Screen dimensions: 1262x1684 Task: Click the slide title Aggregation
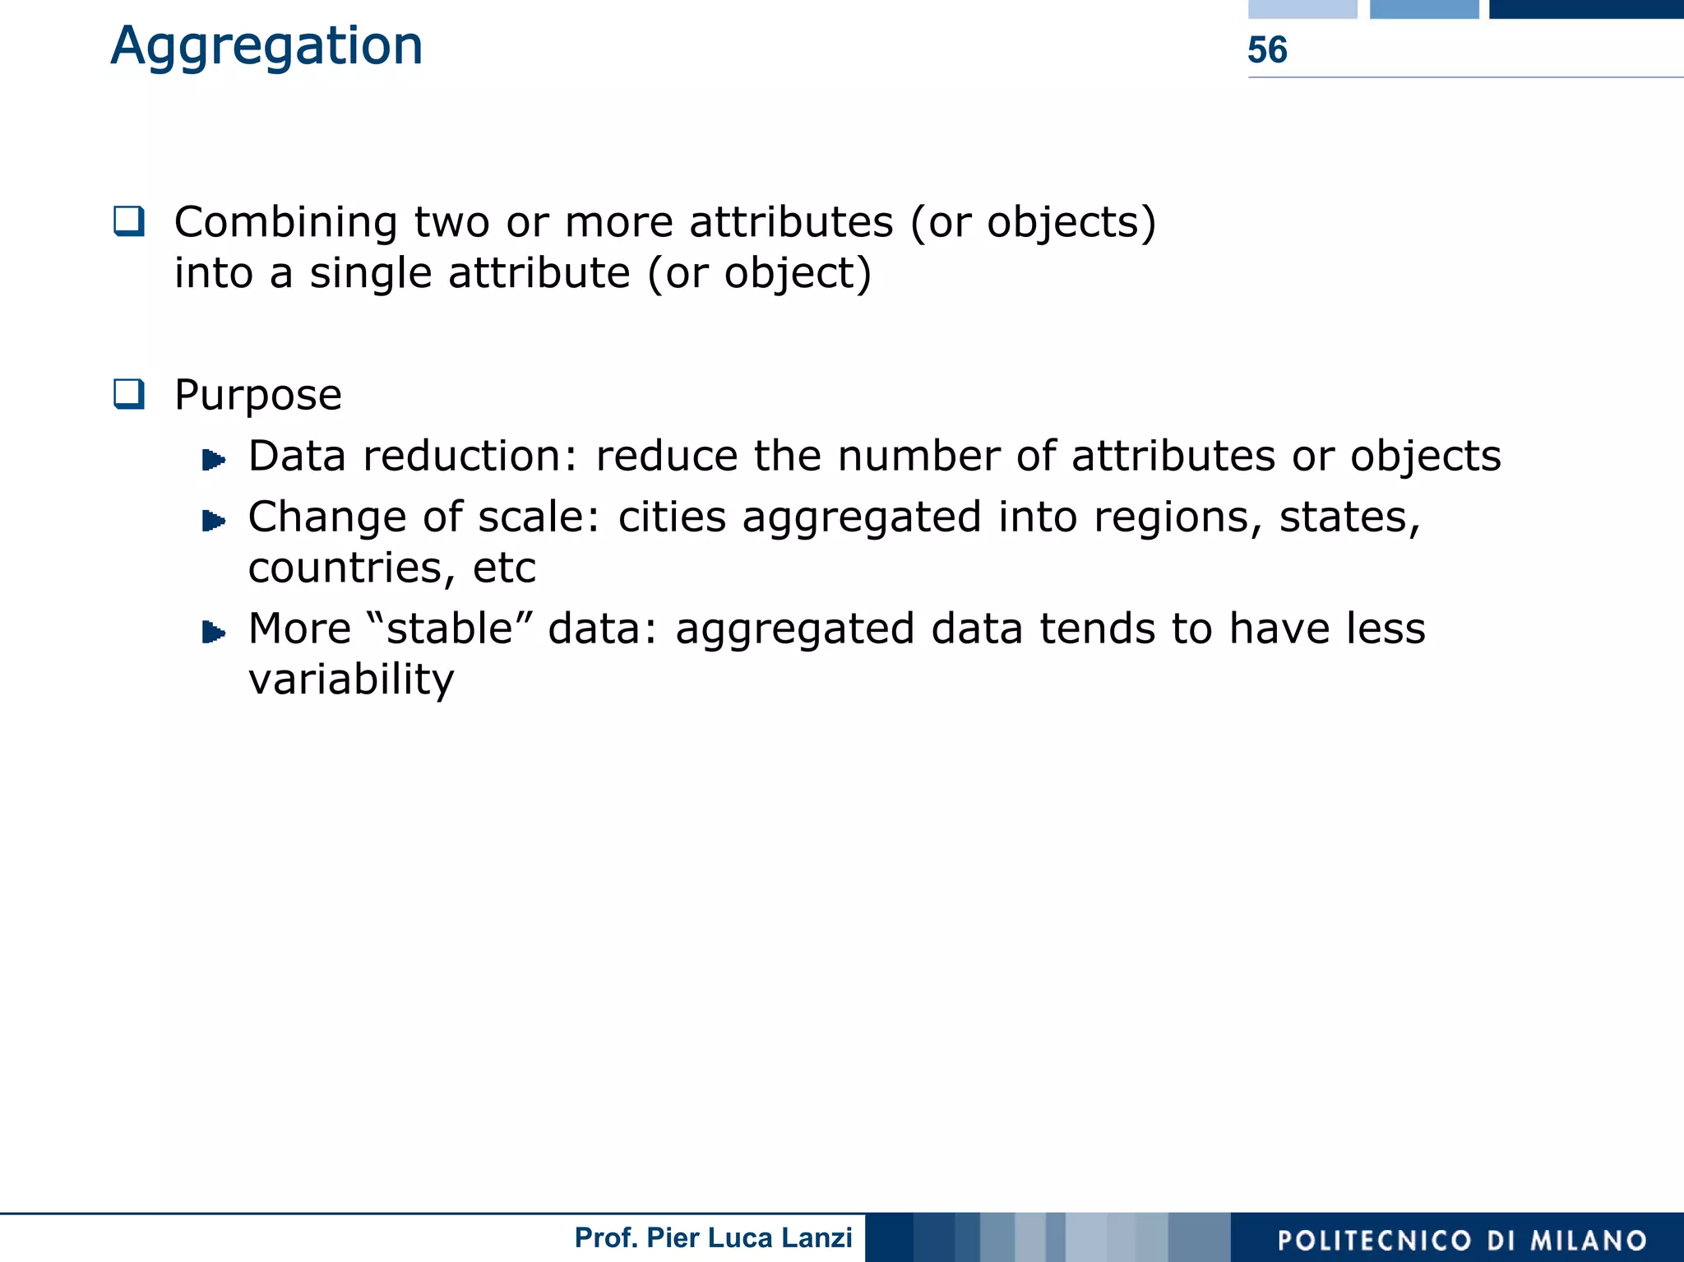click(266, 46)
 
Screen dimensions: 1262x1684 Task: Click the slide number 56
click(1267, 50)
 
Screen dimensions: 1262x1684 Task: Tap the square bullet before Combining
click(129, 221)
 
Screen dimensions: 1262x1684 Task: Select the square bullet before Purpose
click(129, 394)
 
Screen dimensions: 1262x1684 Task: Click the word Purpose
click(258, 396)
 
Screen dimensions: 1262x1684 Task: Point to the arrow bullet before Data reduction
click(214, 458)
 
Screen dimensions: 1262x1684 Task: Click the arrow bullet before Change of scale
click(214, 520)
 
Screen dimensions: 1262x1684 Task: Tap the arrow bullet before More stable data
click(214, 631)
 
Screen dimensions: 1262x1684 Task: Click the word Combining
click(286, 223)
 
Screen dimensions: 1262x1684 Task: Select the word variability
click(351, 680)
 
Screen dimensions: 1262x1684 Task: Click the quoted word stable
click(450, 629)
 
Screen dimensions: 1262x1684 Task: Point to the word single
click(370, 273)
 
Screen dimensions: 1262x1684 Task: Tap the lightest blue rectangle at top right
click(1302, 9)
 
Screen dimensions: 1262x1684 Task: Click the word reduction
click(471, 457)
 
